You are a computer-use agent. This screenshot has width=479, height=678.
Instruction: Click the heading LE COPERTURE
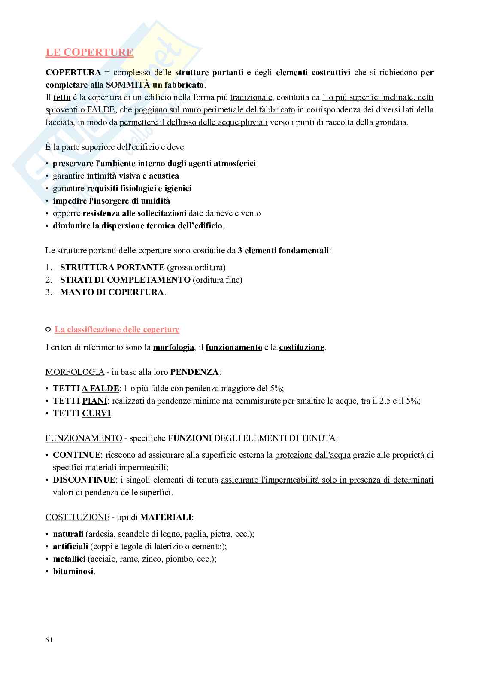[89, 52]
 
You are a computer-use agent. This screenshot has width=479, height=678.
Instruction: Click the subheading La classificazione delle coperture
[117, 330]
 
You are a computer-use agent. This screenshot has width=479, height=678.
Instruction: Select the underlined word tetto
[62, 97]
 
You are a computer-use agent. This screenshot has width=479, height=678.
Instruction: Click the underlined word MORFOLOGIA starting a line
[75, 372]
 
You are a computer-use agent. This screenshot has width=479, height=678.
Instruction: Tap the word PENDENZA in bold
[194, 372]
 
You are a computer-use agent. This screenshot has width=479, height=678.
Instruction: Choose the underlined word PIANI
[94, 401]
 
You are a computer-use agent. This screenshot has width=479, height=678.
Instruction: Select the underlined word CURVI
[96, 413]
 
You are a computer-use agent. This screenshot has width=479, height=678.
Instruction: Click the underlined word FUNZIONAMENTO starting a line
[84, 438]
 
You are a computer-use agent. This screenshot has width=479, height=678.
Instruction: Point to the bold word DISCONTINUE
[84, 480]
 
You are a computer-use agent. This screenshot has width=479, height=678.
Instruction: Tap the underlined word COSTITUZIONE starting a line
[77, 517]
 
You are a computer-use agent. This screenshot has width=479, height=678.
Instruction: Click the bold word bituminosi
[73, 572]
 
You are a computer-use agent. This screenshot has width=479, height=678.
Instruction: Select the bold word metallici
[69, 559]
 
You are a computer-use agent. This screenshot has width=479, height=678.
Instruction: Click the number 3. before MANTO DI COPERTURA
[49, 292]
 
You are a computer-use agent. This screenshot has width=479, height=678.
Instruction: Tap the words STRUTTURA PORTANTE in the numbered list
[112, 268]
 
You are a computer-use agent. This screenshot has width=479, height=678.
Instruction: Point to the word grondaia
[391, 122]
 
